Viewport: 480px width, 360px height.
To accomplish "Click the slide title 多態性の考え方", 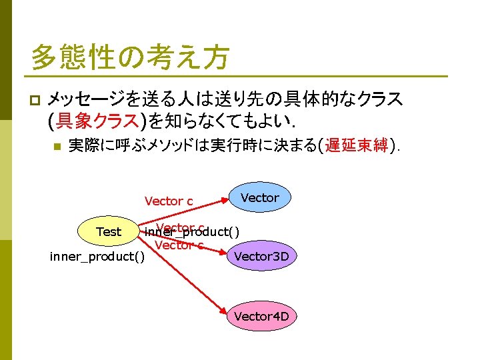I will [x=129, y=57].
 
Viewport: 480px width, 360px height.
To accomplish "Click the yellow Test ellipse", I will [x=109, y=232].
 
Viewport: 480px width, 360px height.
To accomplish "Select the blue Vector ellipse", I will [x=259, y=198].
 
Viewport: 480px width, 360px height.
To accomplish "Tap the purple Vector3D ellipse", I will [x=265, y=256].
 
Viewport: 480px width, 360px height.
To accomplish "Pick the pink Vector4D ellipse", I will [x=261, y=316].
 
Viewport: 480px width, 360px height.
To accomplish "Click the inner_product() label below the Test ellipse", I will [x=97, y=257].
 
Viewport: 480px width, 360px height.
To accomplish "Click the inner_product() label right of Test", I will [x=192, y=232].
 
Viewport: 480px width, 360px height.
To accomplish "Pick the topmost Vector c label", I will [x=169, y=201].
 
